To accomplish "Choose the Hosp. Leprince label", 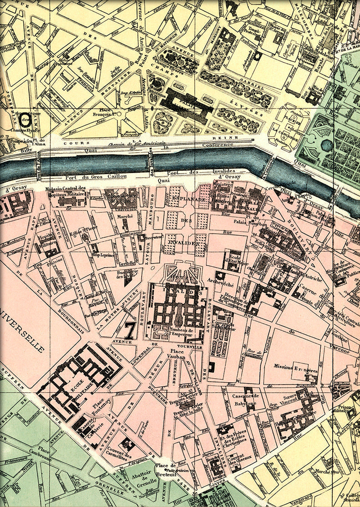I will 103,255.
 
